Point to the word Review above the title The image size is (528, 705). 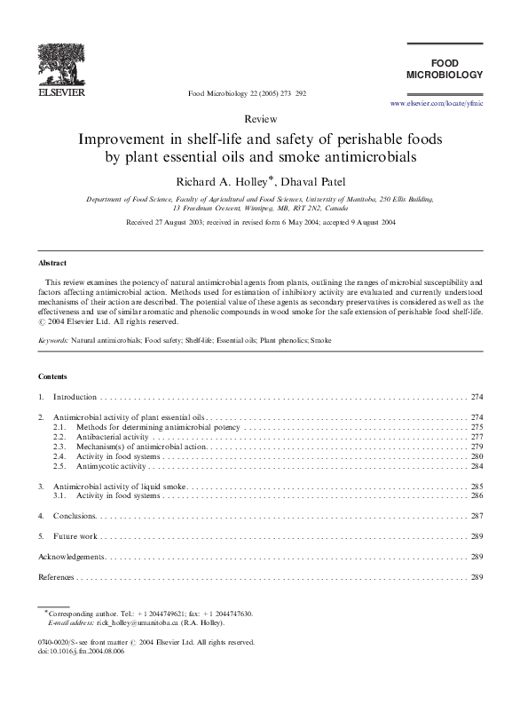(263, 118)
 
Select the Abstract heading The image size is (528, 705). (51, 264)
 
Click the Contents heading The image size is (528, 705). (53, 376)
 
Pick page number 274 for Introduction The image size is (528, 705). (477, 396)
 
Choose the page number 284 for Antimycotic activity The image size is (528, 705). (477, 466)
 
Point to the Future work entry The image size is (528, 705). (75, 536)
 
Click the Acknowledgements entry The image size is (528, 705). (72, 557)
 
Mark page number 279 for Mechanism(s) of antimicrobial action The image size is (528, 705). (477, 447)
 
